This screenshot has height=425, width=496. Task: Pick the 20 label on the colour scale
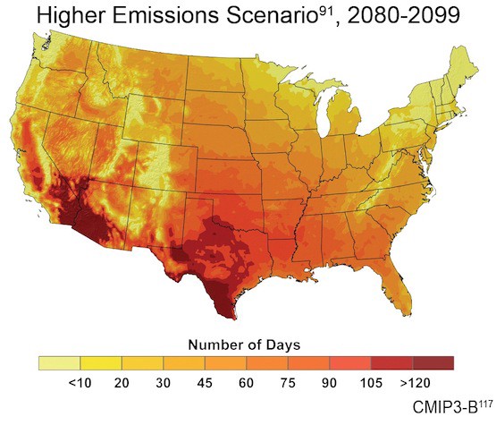point(122,381)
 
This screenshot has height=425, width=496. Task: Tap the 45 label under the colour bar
point(205,381)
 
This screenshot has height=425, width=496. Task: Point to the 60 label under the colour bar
point(246,381)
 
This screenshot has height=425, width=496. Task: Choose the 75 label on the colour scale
point(288,381)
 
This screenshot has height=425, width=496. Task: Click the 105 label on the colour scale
point(371,381)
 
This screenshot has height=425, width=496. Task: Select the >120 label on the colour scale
point(413,381)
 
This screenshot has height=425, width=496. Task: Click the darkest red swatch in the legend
point(433,362)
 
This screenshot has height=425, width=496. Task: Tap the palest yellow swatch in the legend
point(59,362)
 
